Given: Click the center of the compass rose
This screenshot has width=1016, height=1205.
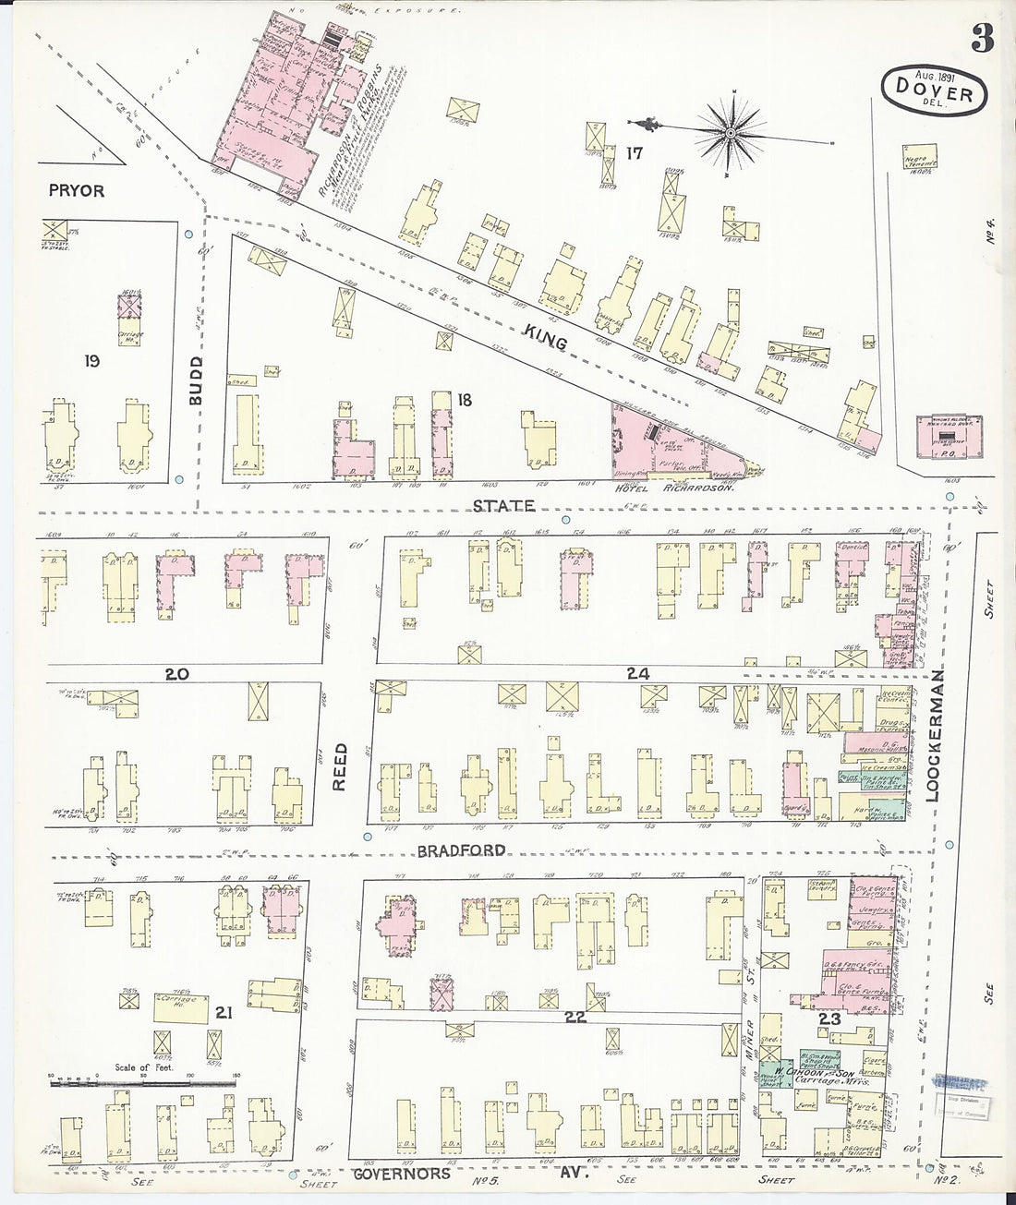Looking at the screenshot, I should (x=730, y=132).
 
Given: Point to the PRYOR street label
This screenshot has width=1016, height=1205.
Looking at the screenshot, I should (x=78, y=191).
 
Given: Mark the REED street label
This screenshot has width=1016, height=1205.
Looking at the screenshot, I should (x=339, y=766).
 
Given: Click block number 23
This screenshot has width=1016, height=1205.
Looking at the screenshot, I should (x=829, y=1019).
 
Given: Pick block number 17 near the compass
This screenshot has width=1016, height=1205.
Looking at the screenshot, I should (x=633, y=153).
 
